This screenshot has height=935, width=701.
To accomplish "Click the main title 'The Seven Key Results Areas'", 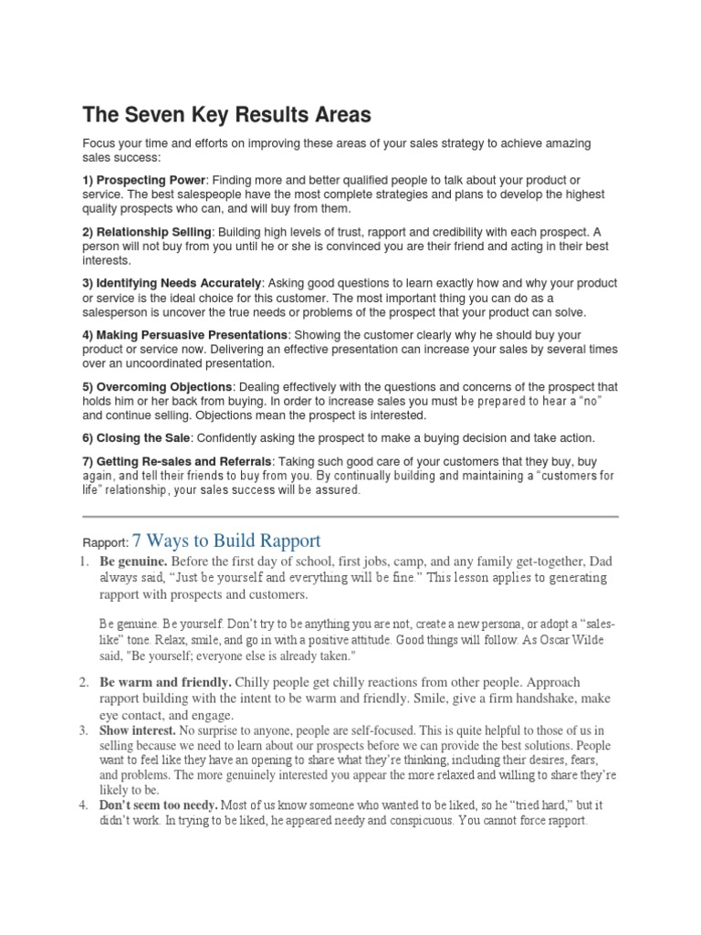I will pos(227,115).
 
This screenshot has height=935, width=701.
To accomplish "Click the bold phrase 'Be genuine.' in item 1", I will pos(133,561).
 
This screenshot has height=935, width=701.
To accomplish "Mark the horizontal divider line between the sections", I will pos(350,517).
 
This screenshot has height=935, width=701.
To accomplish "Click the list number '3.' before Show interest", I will pos(82,731).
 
